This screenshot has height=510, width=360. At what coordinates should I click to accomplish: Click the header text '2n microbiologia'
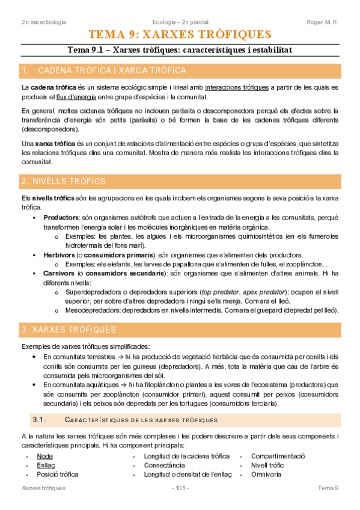(43, 22)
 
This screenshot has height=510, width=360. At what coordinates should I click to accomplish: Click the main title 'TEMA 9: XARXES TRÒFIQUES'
(180, 34)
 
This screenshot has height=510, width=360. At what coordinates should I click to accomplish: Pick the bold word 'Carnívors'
(61, 273)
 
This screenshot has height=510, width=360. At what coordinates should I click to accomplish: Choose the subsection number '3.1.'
(39, 419)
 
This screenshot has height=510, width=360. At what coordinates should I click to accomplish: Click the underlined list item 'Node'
(44, 456)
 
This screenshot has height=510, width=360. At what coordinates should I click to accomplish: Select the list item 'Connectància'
(165, 465)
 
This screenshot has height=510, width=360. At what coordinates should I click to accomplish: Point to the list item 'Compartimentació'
(278, 456)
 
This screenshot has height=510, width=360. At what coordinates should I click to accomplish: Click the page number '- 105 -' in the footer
(180, 488)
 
